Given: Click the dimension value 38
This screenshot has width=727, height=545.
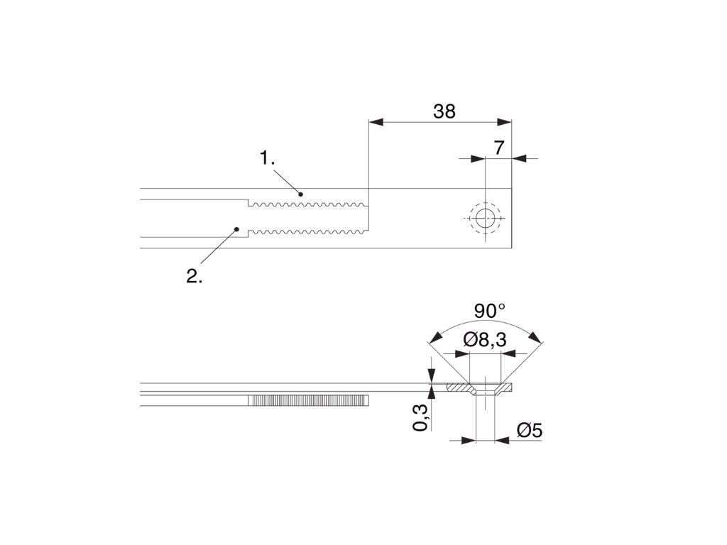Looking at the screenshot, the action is click(x=444, y=111).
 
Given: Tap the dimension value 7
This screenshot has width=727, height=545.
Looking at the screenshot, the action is click(x=499, y=148).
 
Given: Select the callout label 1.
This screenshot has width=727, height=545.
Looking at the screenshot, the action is click(x=267, y=158).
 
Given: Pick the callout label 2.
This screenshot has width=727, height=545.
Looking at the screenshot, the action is click(x=195, y=276).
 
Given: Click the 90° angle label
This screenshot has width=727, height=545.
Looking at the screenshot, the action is click(x=490, y=311).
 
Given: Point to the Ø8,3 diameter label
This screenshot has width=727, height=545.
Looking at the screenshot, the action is click(x=485, y=340).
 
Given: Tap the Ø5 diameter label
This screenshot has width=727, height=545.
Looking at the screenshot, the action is click(x=530, y=431).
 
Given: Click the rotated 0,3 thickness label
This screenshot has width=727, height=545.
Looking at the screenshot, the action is click(x=420, y=417).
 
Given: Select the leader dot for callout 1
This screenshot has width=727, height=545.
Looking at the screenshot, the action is click(x=300, y=194).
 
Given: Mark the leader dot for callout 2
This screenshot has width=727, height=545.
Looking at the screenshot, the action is click(x=236, y=229).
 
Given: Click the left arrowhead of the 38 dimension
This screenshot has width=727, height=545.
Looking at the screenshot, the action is click(x=376, y=122).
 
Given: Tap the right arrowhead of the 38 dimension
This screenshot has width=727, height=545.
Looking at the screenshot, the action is click(x=504, y=122).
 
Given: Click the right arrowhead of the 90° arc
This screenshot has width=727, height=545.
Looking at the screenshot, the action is click(x=535, y=337).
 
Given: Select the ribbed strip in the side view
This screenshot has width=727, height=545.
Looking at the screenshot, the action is click(x=308, y=400).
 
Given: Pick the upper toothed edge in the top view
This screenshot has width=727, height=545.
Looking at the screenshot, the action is click(x=308, y=204).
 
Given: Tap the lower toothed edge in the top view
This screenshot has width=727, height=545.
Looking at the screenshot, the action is click(x=308, y=231).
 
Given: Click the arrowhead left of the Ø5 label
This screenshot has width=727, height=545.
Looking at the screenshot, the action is click(x=469, y=441).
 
